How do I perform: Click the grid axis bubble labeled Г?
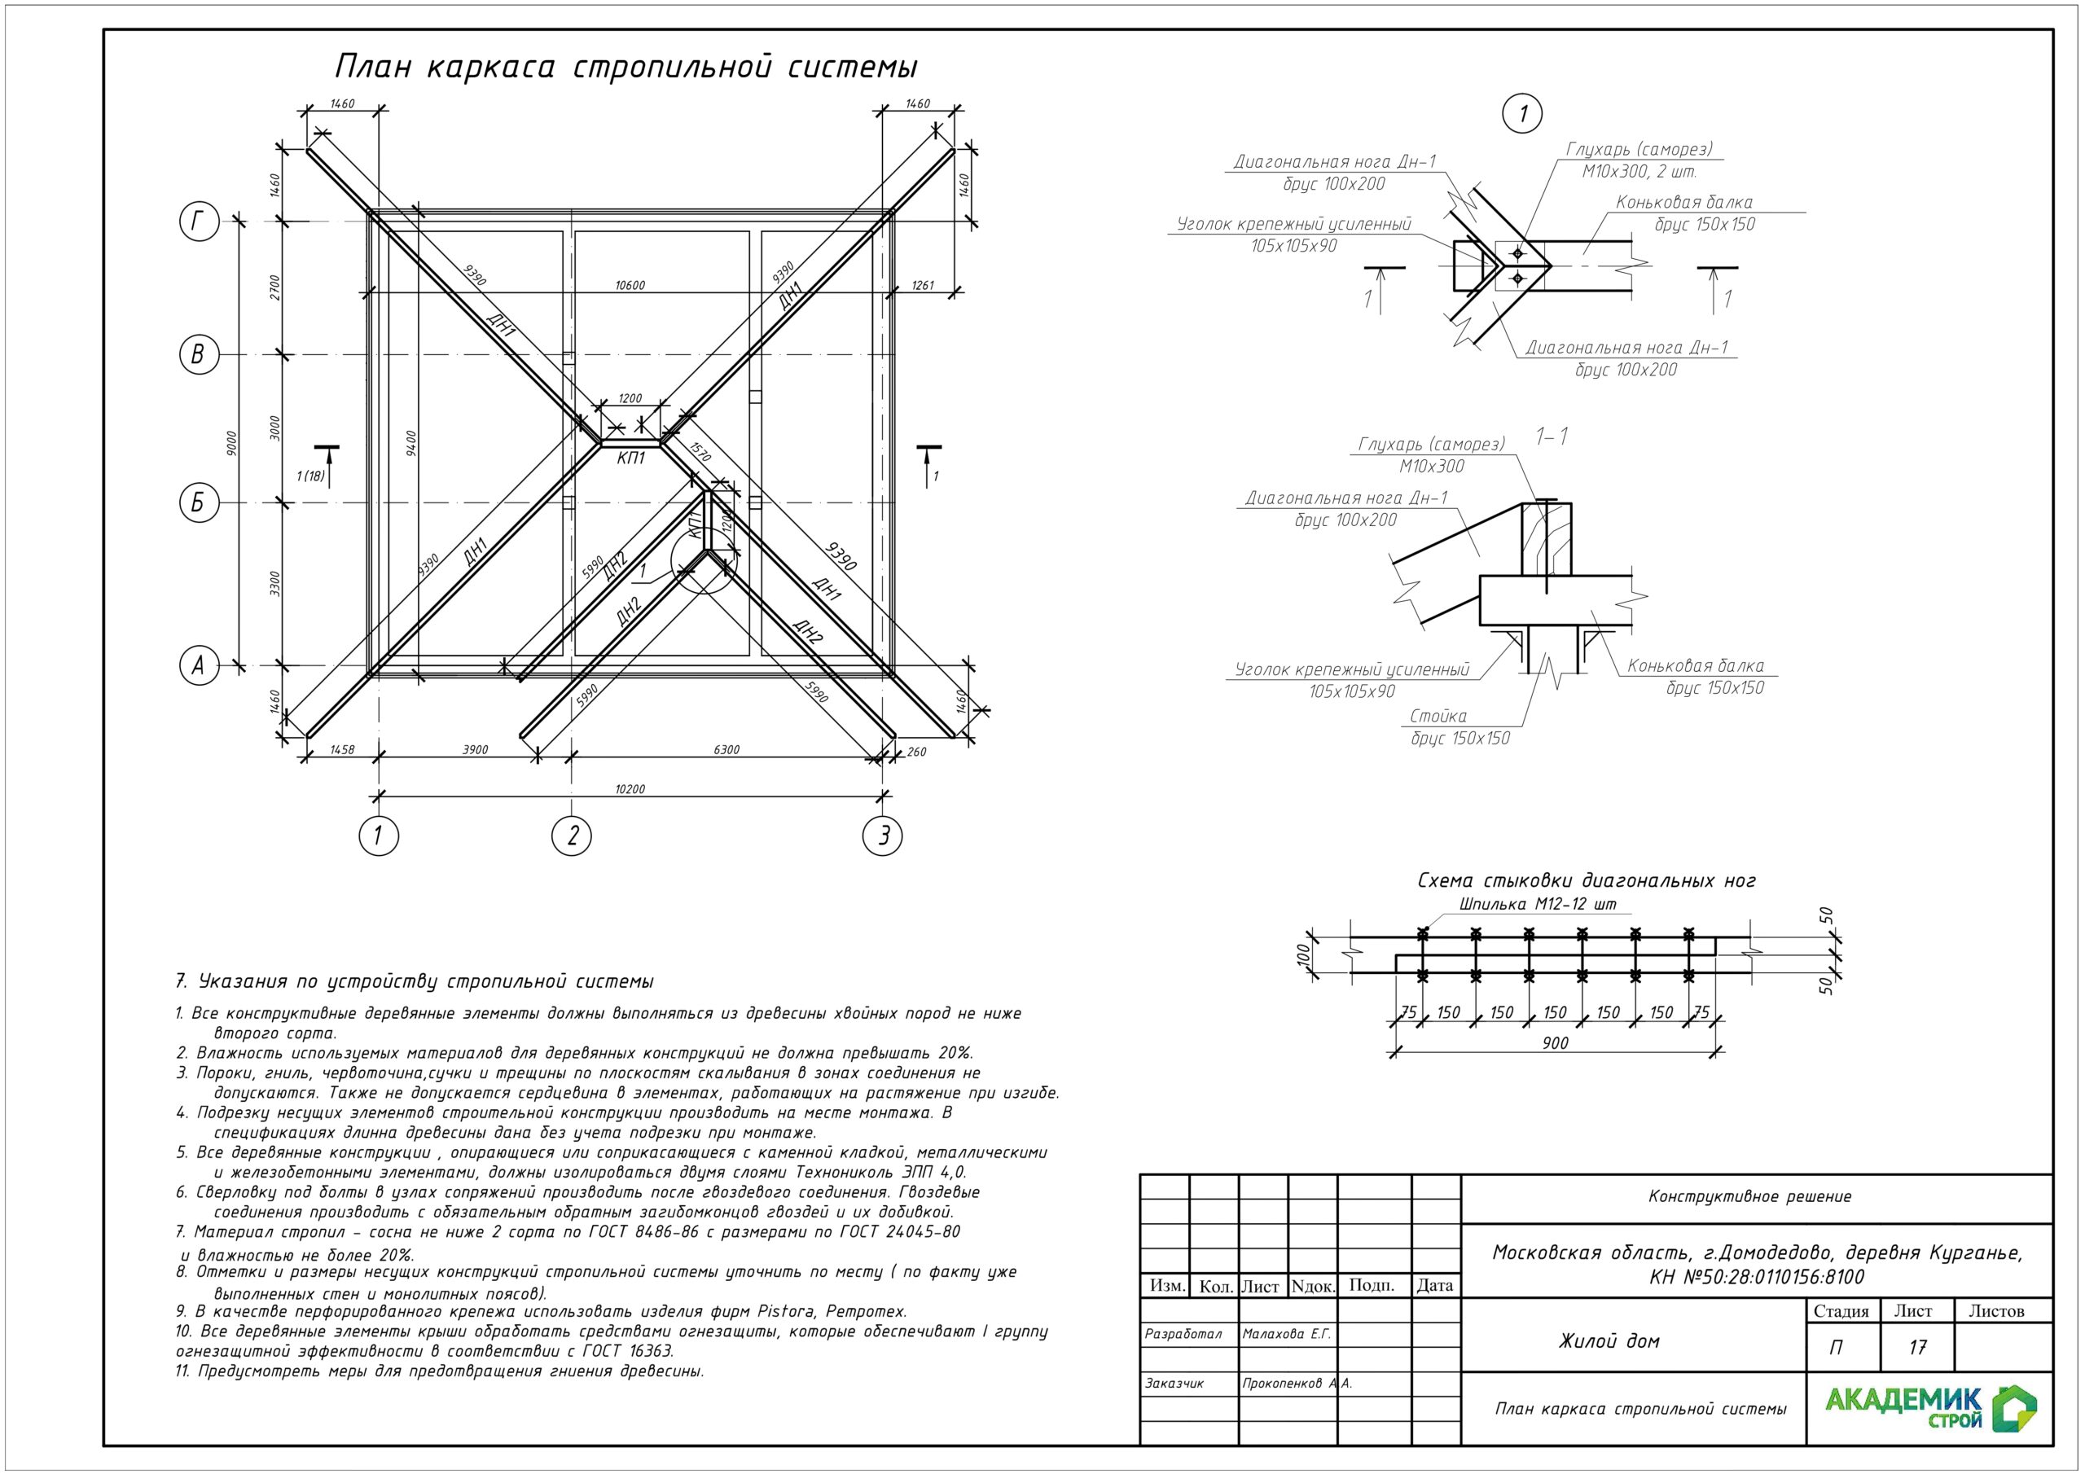pyautogui.click(x=198, y=222)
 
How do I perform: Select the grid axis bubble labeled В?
pyautogui.click(x=198, y=354)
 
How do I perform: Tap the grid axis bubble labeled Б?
pyautogui.click(x=198, y=502)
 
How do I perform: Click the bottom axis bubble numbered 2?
pyautogui.click(x=571, y=836)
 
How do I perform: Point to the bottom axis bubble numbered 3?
pyautogui.click(x=883, y=836)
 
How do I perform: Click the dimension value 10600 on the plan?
pyautogui.click(x=630, y=285)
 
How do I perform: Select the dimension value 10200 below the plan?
pyautogui.click(x=630, y=788)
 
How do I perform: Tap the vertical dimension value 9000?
pyautogui.click(x=231, y=443)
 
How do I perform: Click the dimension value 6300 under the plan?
pyautogui.click(x=726, y=749)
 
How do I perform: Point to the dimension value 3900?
pyautogui.click(x=475, y=749)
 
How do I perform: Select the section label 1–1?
pyautogui.click(x=1551, y=436)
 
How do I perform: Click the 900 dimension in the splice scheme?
pyautogui.click(x=1555, y=1042)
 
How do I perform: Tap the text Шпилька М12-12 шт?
pyautogui.click(x=1538, y=905)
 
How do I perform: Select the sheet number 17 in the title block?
pyautogui.click(x=1916, y=1347)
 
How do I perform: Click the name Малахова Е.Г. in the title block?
pyautogui.click(x=1286, y=1334)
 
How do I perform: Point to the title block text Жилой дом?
pyautogui.click(x=1609, y=1341)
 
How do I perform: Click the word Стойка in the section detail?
pyautogui.click(x=1438, y=716)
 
